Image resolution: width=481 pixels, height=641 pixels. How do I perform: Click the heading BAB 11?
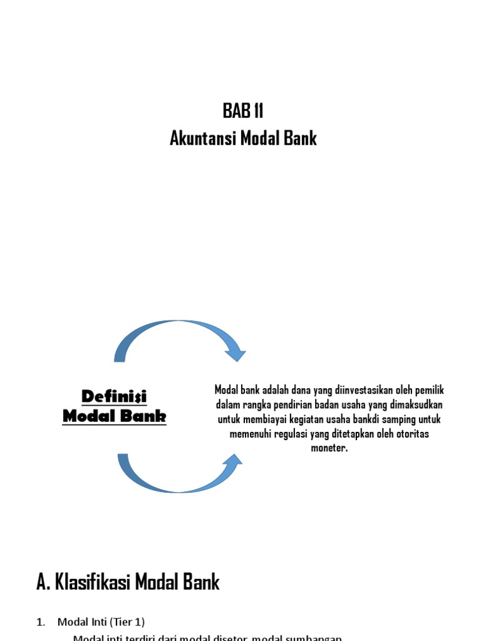point(243,112)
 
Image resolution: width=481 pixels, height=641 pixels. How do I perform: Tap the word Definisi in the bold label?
point(114,396)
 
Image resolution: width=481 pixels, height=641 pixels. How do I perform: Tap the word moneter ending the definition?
point(329,448)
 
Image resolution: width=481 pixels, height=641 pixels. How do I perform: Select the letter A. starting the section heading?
point(43,583)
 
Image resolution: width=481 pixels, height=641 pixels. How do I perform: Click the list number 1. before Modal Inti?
point(41,622)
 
